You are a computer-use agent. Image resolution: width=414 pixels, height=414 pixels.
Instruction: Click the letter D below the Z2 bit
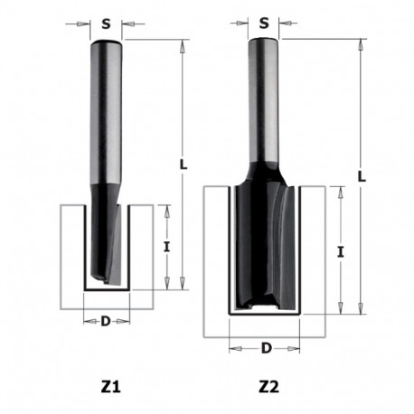pos(266,347)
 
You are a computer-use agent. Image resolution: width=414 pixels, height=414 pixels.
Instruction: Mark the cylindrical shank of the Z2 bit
pos(264,99)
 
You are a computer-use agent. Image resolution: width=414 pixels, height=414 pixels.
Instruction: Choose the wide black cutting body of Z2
pos(264,244)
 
